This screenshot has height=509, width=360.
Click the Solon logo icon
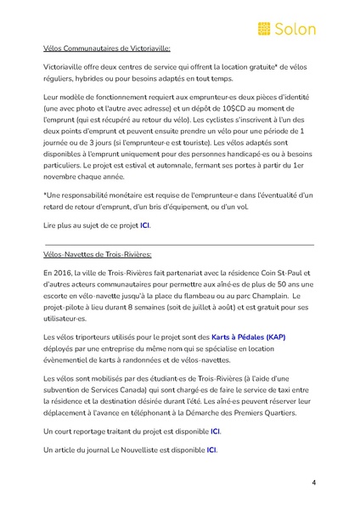click(x=265, y=29)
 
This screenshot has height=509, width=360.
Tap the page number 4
click(x=313, y=483)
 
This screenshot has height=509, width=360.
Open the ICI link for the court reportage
click(x=216, y=432)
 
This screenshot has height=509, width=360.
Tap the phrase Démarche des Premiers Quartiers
click(x=242, y=413)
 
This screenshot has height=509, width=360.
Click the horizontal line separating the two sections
click(x=178, y=245)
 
